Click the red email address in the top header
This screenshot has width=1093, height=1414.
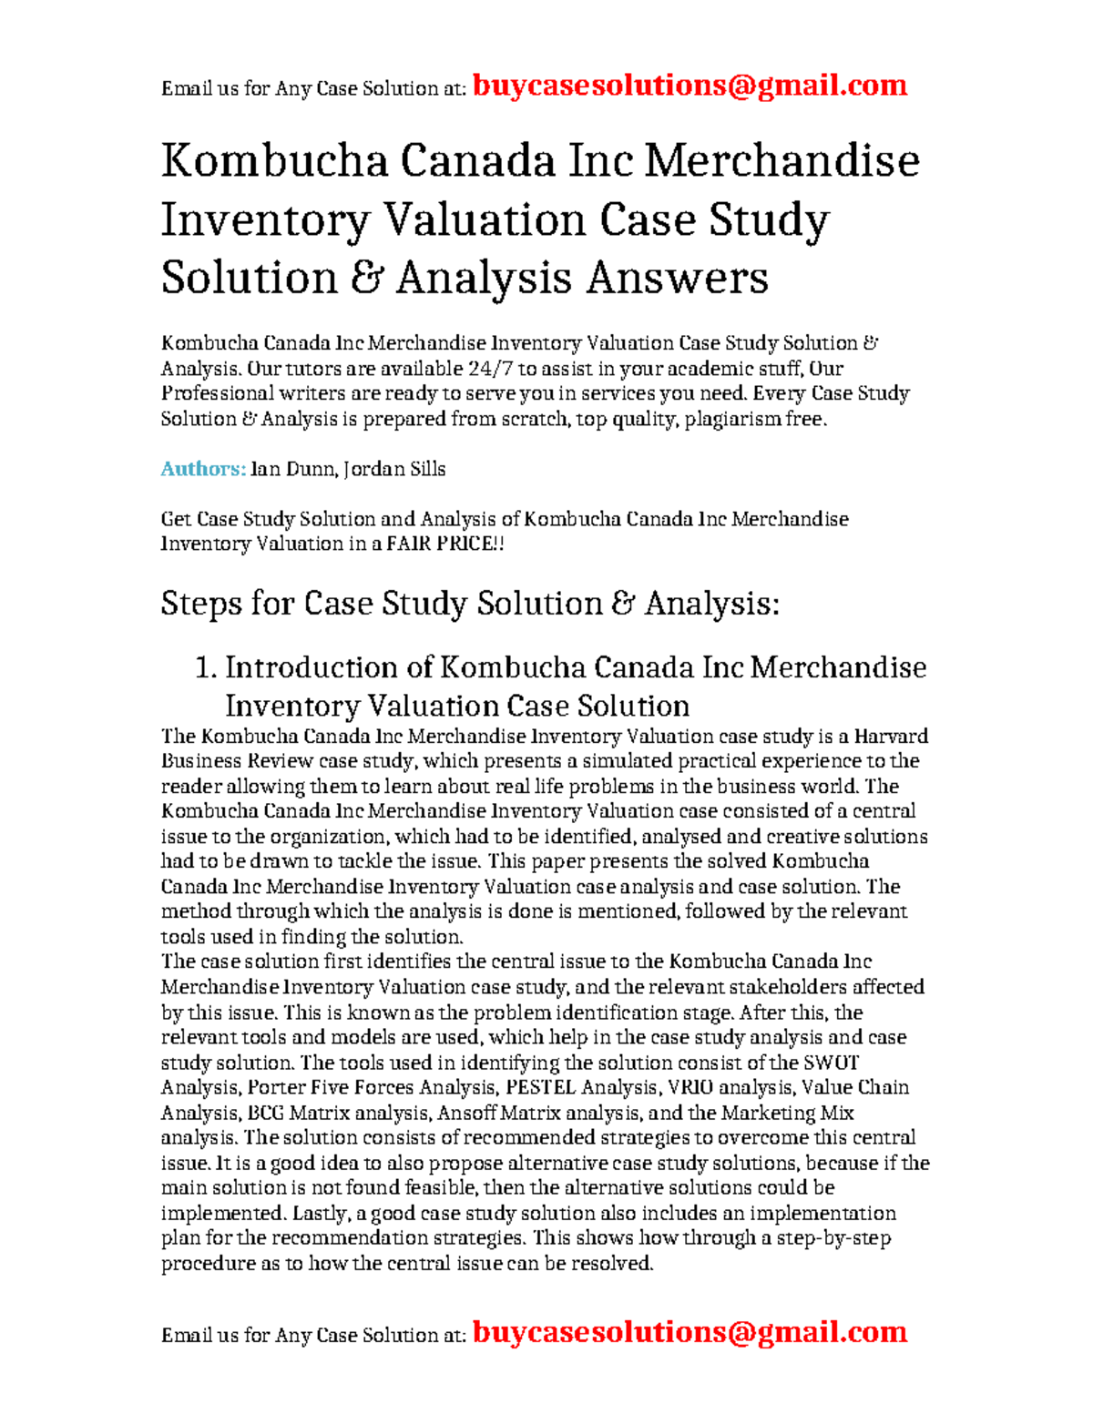tap(690, 86)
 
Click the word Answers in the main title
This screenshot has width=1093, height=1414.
tap(677, 278)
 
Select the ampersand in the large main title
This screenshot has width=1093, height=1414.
tap(365, 278)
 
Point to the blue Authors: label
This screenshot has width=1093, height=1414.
tap(203, 469)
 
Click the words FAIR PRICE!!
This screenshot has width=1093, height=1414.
tap(445, 544)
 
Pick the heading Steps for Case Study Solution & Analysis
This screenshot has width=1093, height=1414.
tap(470, 604)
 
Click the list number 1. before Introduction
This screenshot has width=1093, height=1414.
tap(206, 667)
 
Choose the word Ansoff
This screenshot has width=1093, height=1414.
tap(466, 1113)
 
